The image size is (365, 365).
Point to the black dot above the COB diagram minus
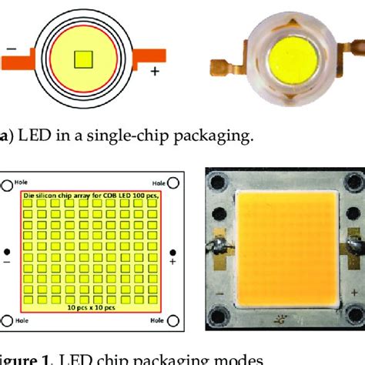coord(7,273)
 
